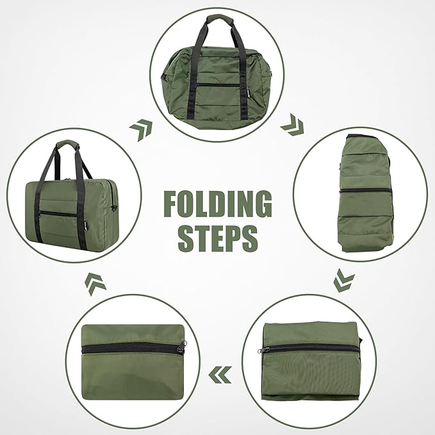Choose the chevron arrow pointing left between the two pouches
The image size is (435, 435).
coord(222,370)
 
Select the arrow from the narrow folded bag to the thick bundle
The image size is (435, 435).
coord(345,281)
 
